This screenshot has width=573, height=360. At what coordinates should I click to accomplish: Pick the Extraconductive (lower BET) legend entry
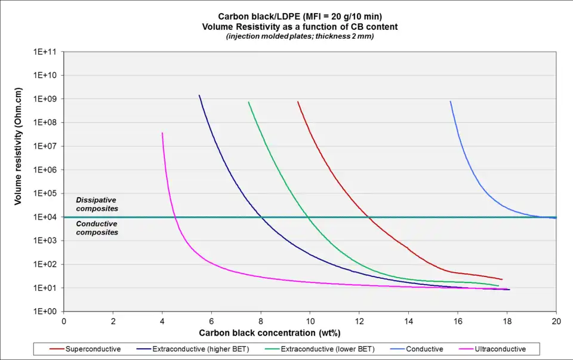click(316, 349)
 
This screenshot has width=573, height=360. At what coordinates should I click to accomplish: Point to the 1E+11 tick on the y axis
click(45, 52)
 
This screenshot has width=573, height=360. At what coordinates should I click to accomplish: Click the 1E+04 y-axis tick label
click(45, 217)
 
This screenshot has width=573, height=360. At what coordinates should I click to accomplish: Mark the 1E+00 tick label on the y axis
click(45, 312)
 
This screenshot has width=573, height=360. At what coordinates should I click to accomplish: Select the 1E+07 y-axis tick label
click(45, 146)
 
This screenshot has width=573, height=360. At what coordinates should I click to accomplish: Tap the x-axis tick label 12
click(359, 321)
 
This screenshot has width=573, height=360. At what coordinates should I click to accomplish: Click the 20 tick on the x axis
click(556, 321)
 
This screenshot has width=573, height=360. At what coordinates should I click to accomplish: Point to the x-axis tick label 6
click(212, 321)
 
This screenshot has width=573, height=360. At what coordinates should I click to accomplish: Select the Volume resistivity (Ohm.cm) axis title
click(19, 147)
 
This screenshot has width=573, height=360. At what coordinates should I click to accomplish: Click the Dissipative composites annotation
click(97, 204)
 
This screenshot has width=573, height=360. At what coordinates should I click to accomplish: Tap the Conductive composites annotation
click(97, 228)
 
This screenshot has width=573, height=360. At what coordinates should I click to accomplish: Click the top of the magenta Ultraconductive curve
click(162, 133)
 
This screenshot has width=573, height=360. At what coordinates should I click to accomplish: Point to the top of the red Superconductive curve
click(298, 102)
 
